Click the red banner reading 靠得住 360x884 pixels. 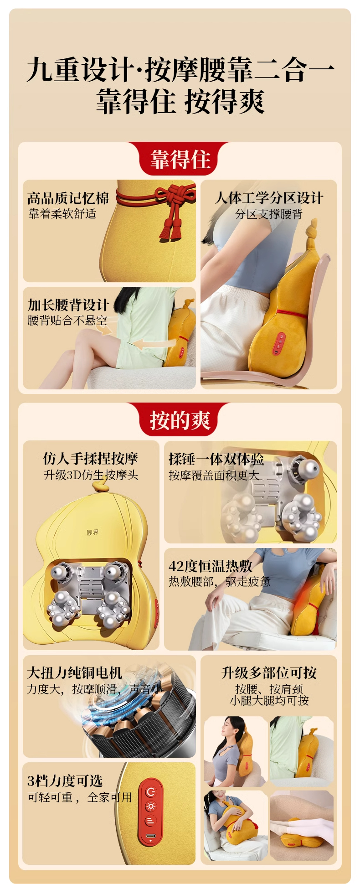180,159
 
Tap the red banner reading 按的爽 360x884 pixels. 180,419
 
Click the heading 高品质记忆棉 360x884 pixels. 68,198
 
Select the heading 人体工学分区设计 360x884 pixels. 269,198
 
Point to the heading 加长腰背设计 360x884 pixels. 68,305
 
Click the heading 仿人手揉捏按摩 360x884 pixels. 91,458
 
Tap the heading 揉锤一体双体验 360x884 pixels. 216,459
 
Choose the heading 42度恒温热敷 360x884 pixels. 211,566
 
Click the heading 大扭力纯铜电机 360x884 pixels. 74,672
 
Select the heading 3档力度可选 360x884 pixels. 65,781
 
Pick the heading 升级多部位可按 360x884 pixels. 269,672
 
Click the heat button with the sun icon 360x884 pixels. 151,806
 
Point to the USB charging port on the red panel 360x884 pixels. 151,837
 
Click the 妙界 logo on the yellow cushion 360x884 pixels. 93,532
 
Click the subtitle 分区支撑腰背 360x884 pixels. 269,214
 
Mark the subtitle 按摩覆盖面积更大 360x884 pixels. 214,475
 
